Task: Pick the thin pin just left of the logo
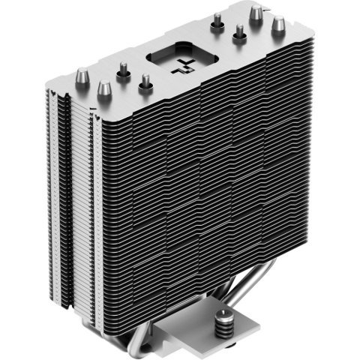(x=143, y=83)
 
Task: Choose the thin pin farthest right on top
(x=240, y=34)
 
